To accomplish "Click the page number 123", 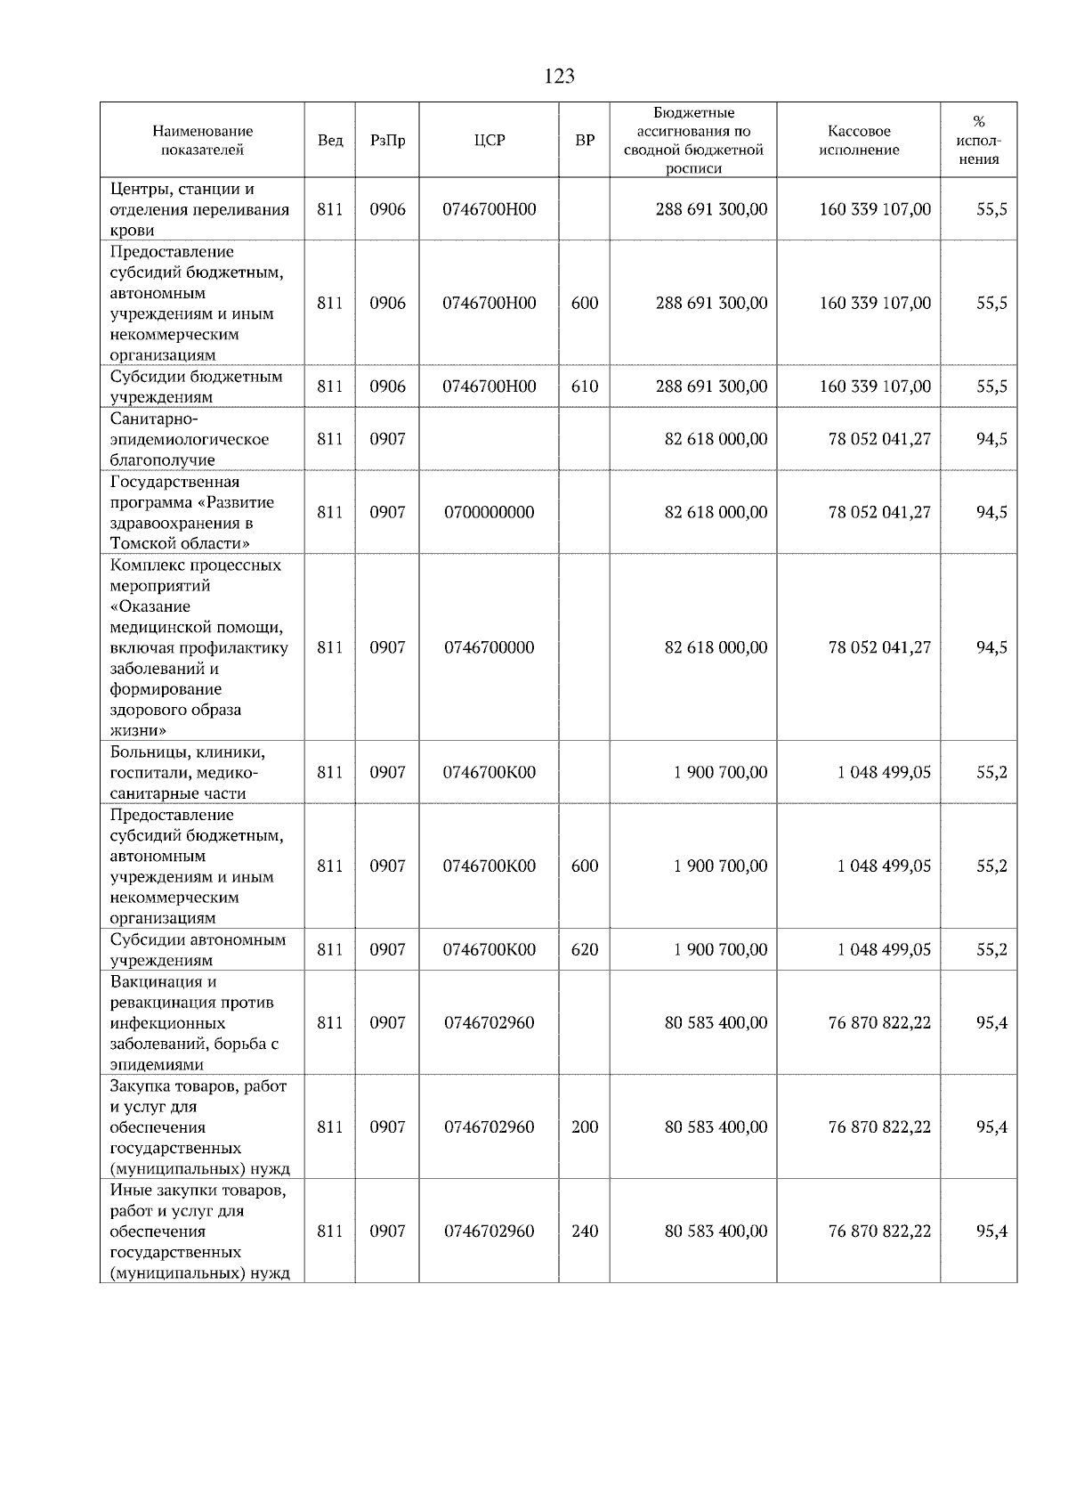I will (559, 77).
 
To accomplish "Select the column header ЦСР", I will (489, 141).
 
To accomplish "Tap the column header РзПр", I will (387, 141).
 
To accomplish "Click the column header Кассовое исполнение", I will (858, 141).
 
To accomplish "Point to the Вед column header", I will (330, 141).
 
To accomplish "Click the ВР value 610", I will (585, 386).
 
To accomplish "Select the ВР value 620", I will (585, 949).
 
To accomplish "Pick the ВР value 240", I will (585, 1231).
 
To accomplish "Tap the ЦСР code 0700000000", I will (489, 512).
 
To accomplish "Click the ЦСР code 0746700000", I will (489, 647).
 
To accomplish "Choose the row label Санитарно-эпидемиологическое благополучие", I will (190, 439).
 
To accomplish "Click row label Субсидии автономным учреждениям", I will (198, 949).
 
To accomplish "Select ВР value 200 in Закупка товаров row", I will (585, 1126).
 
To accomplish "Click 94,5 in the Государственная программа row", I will (991, 512).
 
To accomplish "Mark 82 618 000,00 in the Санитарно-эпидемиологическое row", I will (716, 439).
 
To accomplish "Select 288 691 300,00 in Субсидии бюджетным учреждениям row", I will (711, 386).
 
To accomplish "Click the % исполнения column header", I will (978, 141).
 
